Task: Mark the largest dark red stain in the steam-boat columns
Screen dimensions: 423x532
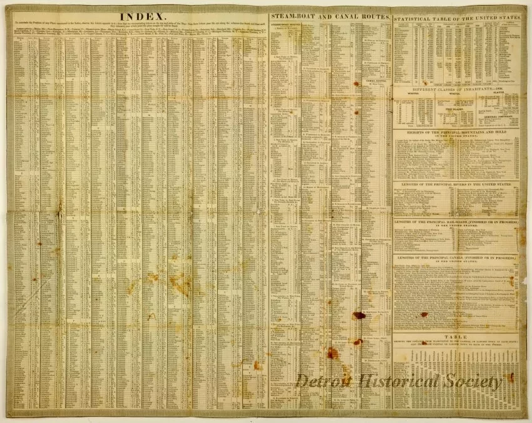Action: [359, 315]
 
